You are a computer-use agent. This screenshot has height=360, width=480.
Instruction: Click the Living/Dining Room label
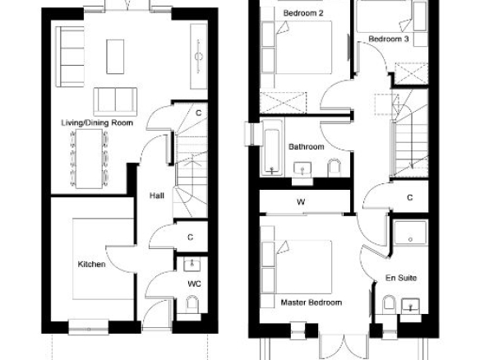(97, 123)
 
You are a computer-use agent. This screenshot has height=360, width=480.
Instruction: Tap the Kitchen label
(91, 264)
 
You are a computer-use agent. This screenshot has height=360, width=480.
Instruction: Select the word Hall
(157, 196)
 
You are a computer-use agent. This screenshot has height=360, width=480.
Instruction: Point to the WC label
(194, 284)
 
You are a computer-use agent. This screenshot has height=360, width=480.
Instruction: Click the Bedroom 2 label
(303, 13)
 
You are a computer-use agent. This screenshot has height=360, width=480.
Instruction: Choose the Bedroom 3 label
(389, 39)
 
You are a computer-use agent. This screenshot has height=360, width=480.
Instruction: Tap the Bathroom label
(306, 147)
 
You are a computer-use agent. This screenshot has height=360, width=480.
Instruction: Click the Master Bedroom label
(312, 302)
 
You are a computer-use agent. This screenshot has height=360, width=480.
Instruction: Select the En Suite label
(401, 278)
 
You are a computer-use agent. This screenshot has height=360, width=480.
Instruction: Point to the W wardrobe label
(301, 202)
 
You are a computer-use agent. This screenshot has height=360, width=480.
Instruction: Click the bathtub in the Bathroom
(272, 148)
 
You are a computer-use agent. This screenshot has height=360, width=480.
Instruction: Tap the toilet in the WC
(192, 304)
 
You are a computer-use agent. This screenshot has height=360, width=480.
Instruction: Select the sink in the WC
(192, 264)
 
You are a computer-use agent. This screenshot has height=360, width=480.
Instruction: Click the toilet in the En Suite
(389, 304)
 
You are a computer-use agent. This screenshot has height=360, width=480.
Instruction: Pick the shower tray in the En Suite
(410, 233)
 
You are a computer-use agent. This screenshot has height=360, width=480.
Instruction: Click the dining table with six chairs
(89, 159)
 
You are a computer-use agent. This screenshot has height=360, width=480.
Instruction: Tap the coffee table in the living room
(115, 57)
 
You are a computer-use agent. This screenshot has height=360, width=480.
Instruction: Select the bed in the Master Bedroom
(297, 267)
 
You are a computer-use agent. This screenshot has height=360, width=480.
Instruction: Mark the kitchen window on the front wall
(89, 328)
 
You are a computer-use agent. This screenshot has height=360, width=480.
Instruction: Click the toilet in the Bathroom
(334, 168)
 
